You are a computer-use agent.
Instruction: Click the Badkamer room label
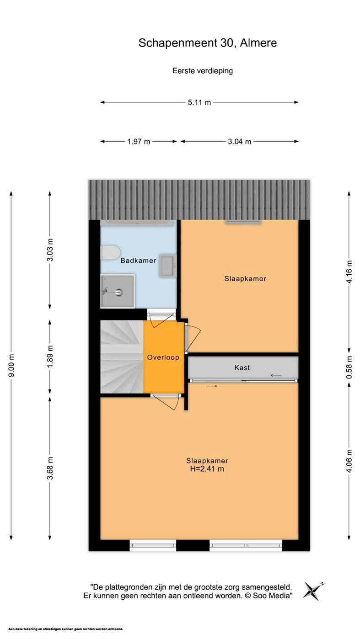point(138,260)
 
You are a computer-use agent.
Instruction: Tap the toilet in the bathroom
point(110,252)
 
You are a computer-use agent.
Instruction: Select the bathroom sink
point(167,265)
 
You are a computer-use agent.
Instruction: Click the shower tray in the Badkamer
point(118,291)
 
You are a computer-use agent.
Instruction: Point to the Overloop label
point(163,357)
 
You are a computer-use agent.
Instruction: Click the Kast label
point(242,367)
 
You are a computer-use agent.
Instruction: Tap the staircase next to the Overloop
point(122,357)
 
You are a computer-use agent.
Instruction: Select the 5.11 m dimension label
point(199,102)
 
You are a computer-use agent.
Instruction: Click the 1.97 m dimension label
point(139,142)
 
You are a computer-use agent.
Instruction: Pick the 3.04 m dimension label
point(240,142)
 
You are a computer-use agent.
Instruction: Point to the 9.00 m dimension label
point(11,365)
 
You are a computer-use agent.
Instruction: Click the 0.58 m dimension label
point(349,367)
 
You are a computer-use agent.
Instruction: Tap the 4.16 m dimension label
point(349,272)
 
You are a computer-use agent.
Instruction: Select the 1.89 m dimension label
point(50,357)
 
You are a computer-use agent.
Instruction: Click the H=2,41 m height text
point(207,469)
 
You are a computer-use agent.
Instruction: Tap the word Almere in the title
point(258,43)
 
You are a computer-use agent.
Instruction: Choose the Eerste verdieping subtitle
point(203,71)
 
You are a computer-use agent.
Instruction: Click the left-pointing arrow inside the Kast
point(276,375)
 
